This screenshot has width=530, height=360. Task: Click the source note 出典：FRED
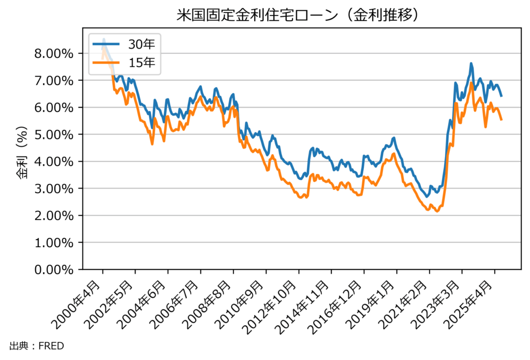pyautogui.click(x=36, y=345)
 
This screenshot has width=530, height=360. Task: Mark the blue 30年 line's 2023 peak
pyautogui.click(x=471, y=64)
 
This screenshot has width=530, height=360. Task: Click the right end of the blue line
pyautogui.click(x=502, y=96)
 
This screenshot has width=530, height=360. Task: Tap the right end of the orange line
pyautogui.click(x=502, y=120)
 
